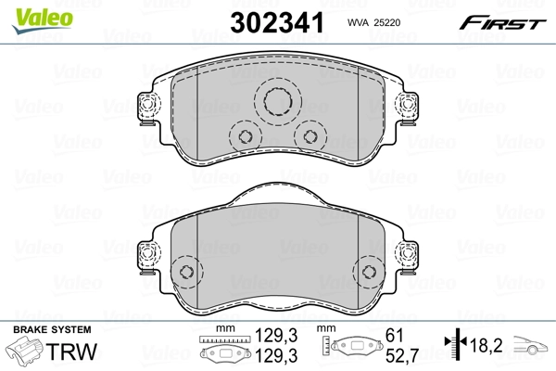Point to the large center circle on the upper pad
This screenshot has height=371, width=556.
click(275, 102)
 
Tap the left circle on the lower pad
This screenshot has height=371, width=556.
click(187, 272)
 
